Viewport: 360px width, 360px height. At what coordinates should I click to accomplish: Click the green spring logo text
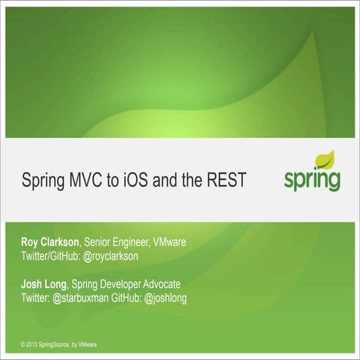(311, 180)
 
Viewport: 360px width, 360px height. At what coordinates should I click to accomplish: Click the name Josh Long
(44, 284)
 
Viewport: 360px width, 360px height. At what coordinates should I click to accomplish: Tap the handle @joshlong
(176, 298)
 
